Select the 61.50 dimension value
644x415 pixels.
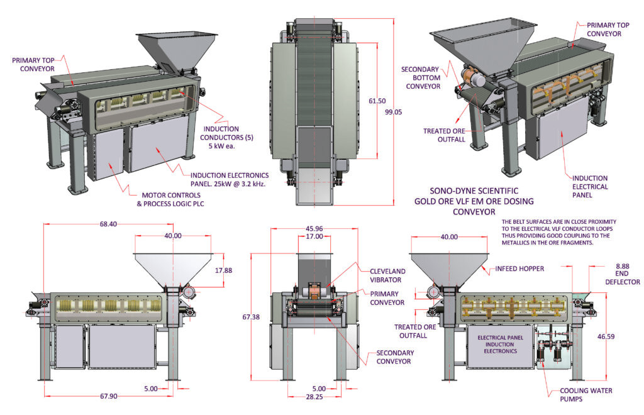(377, 101)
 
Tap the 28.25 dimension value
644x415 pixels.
(314, 397)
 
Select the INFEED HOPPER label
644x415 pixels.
(521, 268)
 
